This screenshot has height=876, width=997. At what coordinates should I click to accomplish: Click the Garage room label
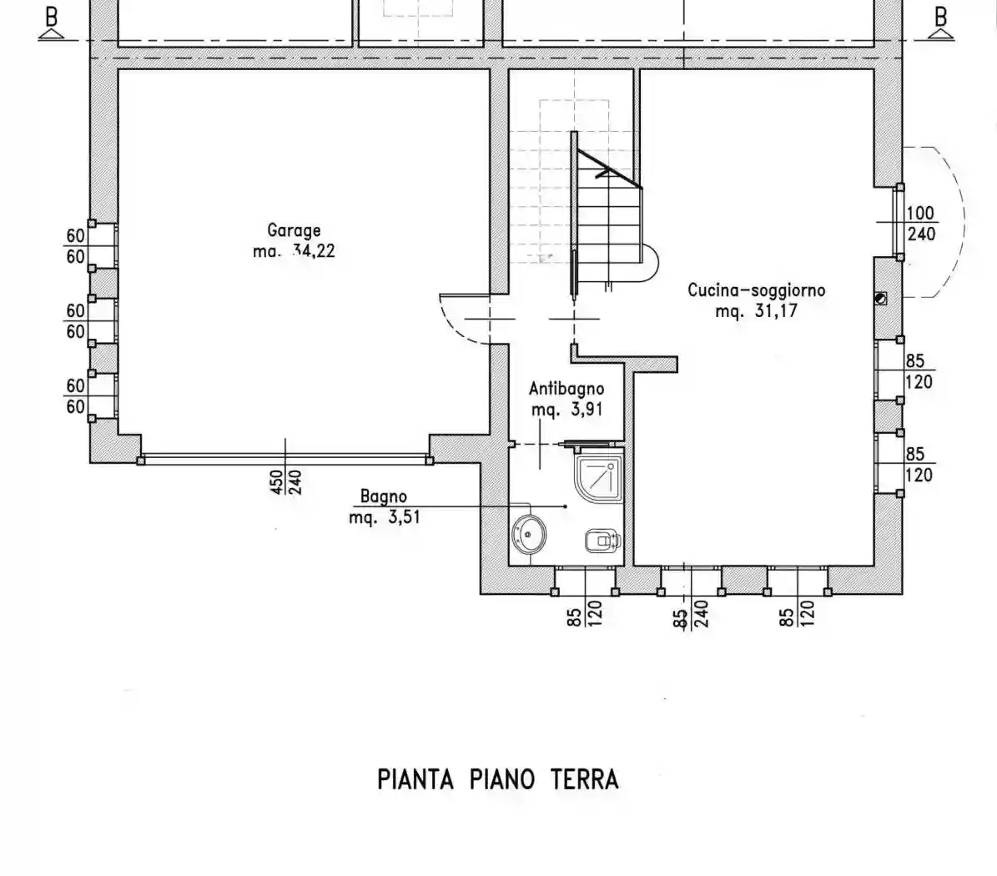[x=294, y=230]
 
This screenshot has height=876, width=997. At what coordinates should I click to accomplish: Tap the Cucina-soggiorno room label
[x=756, y=290]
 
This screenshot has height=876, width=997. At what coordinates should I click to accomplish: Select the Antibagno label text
[x=566, y=389]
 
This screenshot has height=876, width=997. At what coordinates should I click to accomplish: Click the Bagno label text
[x=383, y=496]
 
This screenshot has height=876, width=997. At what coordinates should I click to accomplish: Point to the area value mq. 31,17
[x=756, y=311]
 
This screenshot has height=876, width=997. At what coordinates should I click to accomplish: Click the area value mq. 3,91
[x=566, y=410]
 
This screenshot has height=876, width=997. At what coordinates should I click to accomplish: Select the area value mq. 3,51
[x=384, y=517]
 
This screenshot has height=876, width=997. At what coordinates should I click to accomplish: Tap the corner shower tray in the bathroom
[x=597, y=478]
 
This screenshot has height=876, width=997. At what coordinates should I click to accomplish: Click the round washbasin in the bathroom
[x=528, y=534]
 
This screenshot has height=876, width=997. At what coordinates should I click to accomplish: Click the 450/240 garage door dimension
[x=285, y=481]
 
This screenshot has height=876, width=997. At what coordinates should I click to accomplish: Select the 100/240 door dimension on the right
[x=920, y=224]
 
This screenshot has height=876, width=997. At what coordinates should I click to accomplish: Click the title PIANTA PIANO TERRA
[x=498, y=780]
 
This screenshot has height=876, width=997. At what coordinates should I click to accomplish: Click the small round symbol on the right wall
[x=881, y=299]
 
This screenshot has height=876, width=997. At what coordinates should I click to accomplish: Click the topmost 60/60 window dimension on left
[x=76, y=246]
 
